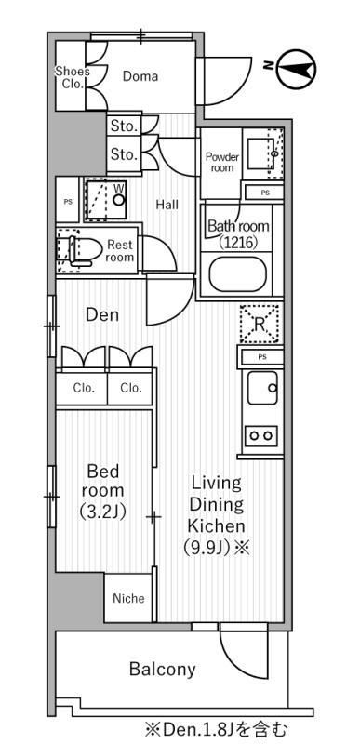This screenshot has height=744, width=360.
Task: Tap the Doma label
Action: (140, 76)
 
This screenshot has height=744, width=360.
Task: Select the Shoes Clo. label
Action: (73, 78)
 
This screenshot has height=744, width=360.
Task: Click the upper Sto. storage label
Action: (125, 126)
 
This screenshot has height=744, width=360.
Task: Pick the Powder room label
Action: (222, 162)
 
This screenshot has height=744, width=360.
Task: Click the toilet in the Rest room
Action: (80, 250)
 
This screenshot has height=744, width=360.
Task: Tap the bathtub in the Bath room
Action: (237, 274)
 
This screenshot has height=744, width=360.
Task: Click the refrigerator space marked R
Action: (259, 324)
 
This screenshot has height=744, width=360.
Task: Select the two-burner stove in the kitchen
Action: (260, 435)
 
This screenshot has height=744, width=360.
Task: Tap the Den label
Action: (102, 314)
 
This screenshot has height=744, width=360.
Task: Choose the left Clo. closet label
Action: (84, 388)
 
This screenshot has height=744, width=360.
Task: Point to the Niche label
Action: (128, 598)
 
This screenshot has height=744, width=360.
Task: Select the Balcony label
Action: (163, 669)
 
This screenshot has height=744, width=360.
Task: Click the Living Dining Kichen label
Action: (217, 515)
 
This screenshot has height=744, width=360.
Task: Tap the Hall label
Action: (167, 205)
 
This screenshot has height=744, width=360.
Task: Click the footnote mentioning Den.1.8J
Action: (217, 728)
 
